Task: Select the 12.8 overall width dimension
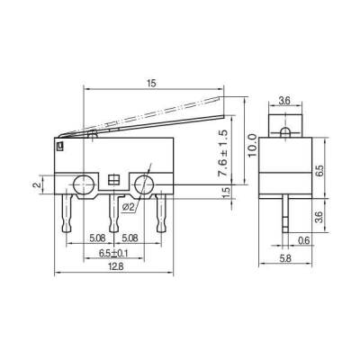pos(112,265)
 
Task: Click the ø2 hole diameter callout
pos(128,206)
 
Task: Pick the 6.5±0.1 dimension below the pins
pos(112,253)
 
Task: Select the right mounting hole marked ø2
pos(144,185)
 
